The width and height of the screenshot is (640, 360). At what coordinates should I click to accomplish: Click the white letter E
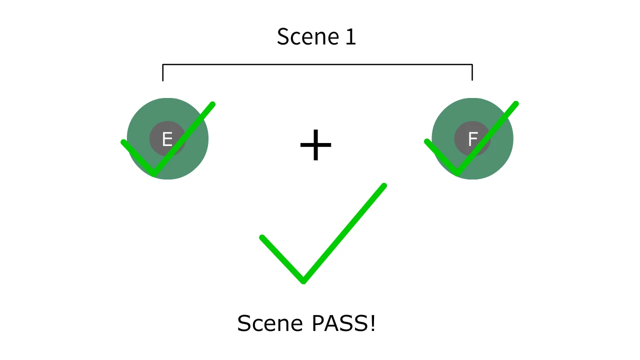167,139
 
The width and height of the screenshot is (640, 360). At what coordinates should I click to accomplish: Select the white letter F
472,139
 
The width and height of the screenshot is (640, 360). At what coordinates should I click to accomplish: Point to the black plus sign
315,145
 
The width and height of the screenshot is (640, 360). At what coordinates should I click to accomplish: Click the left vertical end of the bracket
163,73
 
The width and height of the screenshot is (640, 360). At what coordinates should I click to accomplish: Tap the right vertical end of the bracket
472,73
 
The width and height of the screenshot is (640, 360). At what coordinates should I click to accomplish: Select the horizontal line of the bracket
317,64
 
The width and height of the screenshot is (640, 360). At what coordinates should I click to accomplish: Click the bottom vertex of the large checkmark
303,280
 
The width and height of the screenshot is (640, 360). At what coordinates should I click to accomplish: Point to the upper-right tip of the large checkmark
383,186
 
